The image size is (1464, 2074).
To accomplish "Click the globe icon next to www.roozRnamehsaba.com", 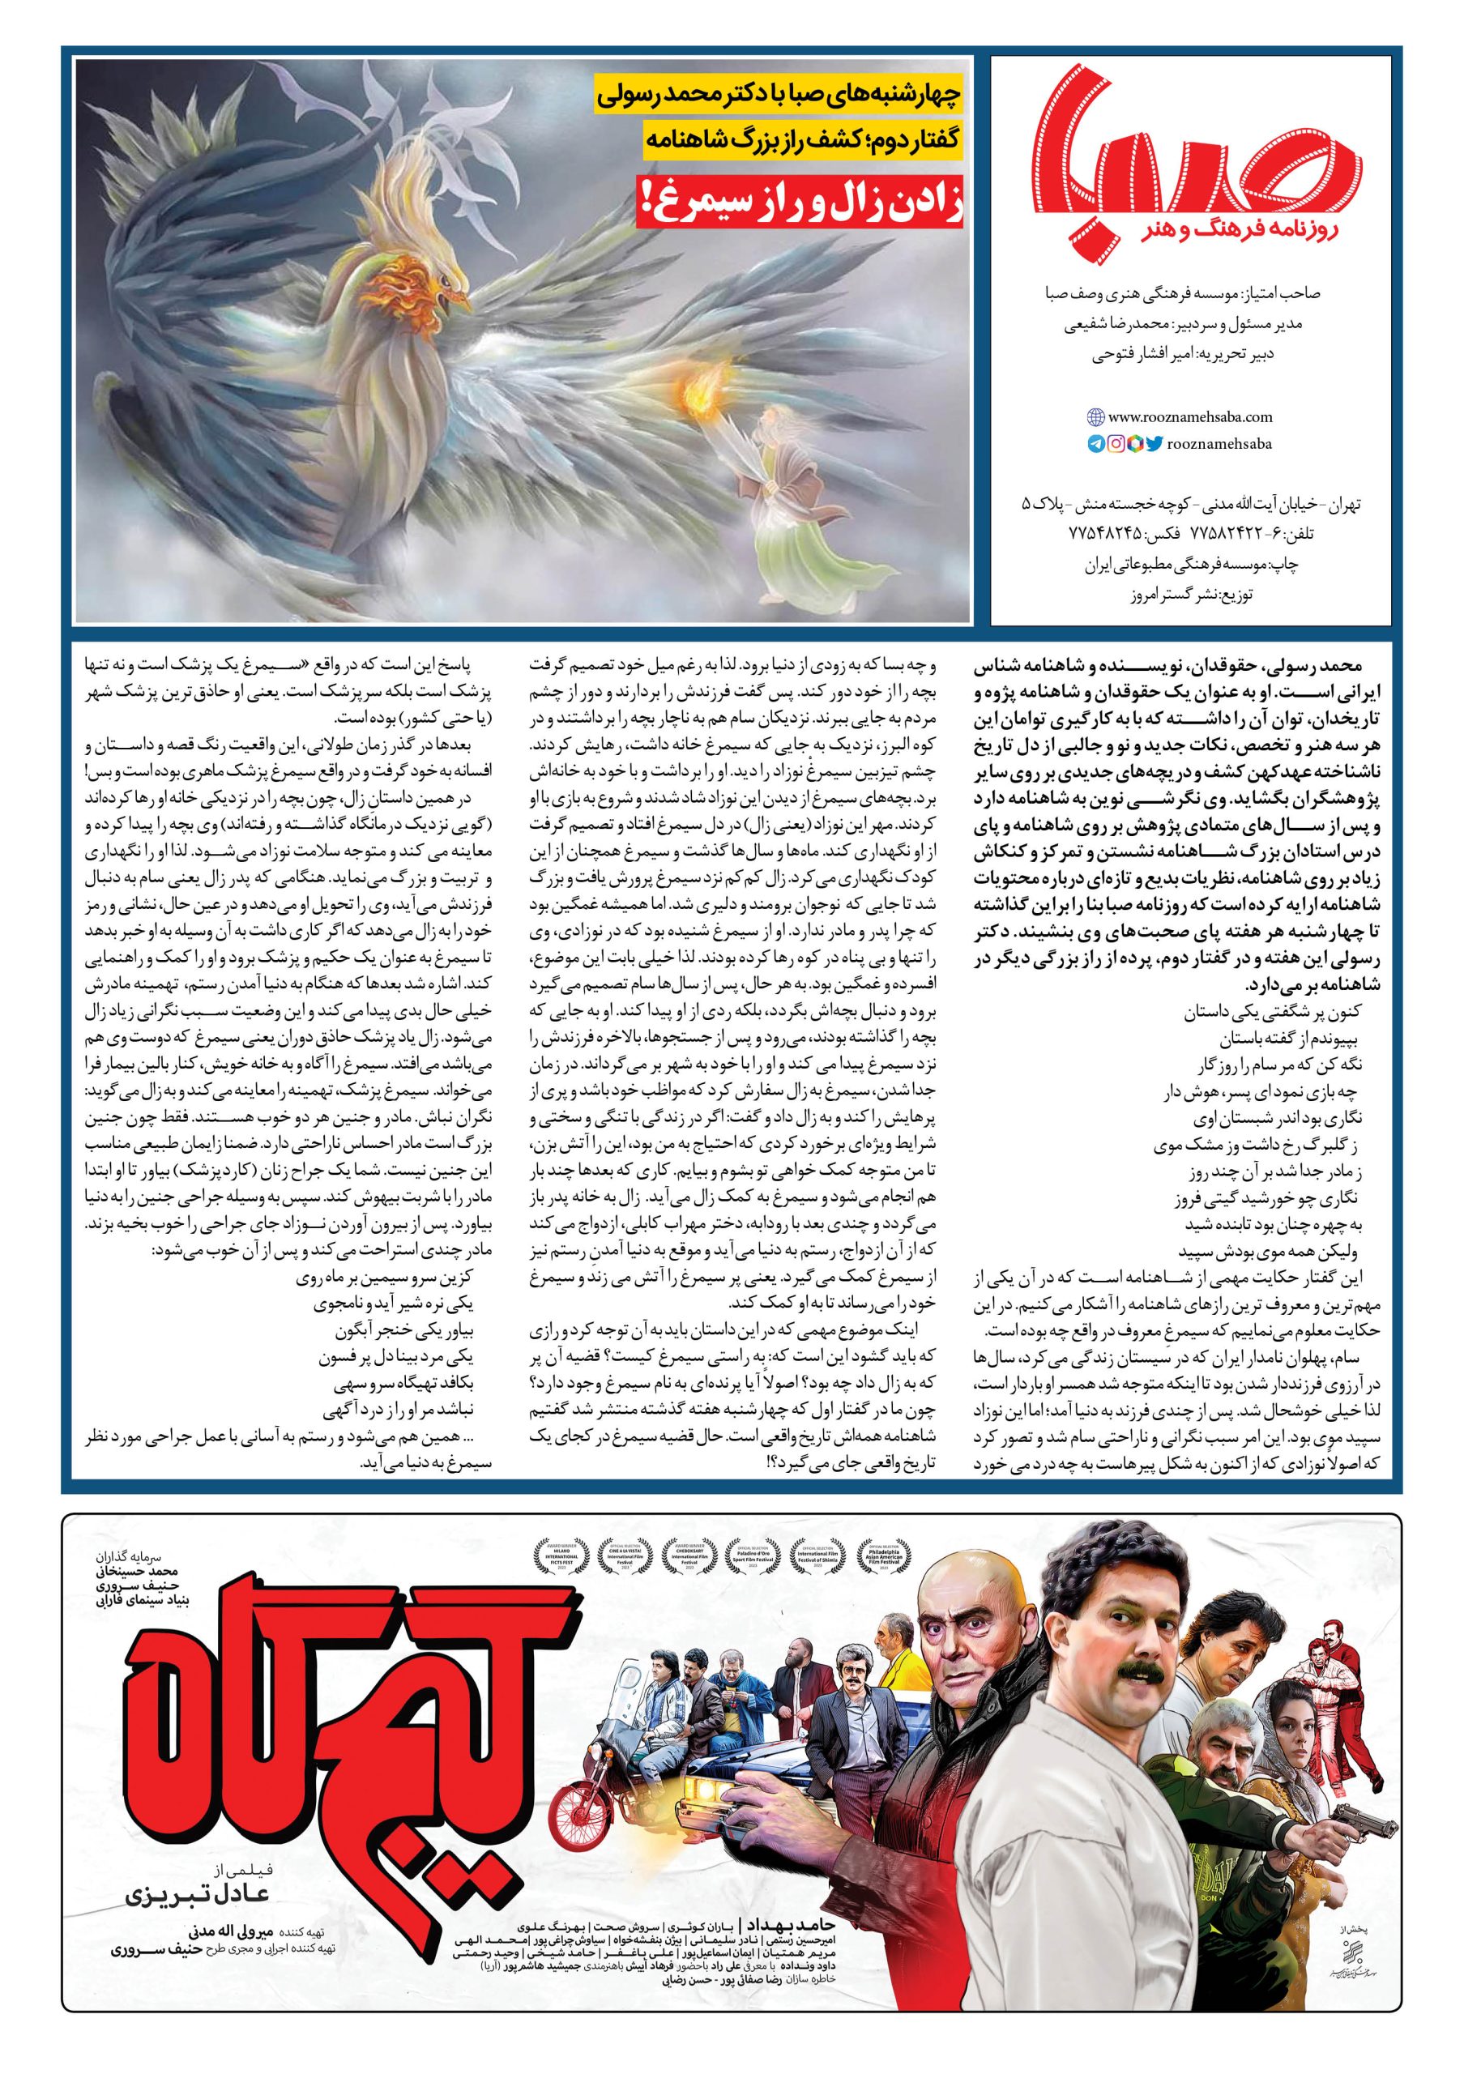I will (x=1095, y=417).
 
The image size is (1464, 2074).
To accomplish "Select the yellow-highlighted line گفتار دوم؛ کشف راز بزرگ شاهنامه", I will (x=784, y=141).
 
